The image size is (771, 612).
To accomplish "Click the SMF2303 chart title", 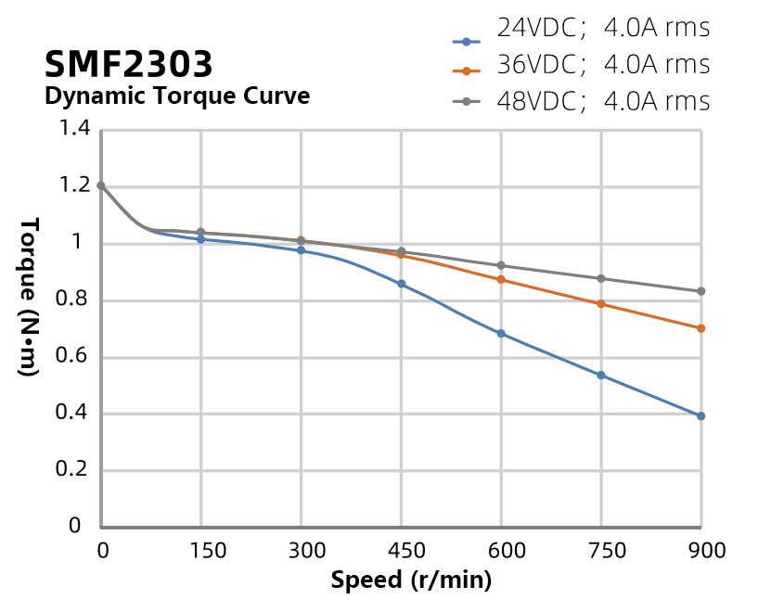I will (128, 64).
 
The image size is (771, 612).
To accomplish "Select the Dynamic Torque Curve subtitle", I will (177, 96).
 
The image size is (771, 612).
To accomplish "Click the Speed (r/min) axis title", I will (411, 581).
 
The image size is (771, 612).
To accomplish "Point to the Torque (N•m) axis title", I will (29, 297).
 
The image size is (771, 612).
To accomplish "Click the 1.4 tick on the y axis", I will (74, 130).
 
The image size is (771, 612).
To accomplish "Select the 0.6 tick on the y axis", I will (74, 357).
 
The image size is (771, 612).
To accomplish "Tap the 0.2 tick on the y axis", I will (74, 470).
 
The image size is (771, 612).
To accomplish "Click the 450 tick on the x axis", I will (402, 551).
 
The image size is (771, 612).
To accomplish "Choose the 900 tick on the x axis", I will (706, 551).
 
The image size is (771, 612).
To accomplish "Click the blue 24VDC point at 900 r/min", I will (701, 416).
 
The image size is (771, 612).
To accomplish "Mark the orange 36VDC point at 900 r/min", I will (701, 328).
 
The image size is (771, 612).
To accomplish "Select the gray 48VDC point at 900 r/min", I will (701, 291).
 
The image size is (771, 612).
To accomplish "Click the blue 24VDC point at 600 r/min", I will (501, 334).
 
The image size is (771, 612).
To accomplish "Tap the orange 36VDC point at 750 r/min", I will (601, 304).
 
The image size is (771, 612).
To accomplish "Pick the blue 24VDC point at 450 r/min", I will (401, 284).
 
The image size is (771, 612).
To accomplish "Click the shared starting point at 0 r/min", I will (101, 185).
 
